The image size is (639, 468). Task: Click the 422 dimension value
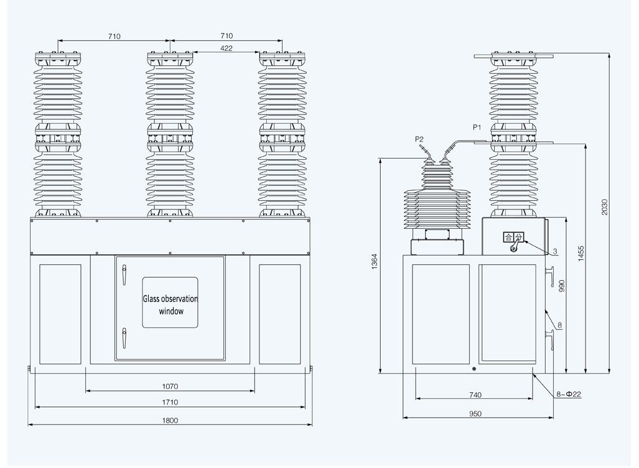(226, 48)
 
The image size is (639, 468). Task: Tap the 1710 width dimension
(170, 403)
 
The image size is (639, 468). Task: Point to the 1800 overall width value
(170, 420)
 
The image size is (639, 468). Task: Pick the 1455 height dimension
(581, 254)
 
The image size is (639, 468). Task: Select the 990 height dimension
(561, 285)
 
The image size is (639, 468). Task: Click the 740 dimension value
(475, 395)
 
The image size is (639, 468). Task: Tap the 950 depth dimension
(475, 413)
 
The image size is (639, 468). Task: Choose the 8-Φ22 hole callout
(568, 394)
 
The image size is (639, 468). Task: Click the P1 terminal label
(477, 127)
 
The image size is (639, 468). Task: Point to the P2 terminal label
(419, 139)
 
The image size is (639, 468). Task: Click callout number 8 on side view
(559, 325)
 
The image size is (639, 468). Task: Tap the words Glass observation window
(170, 305)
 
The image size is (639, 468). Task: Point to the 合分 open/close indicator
(513, 237)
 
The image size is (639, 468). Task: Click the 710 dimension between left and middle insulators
(113, 37)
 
